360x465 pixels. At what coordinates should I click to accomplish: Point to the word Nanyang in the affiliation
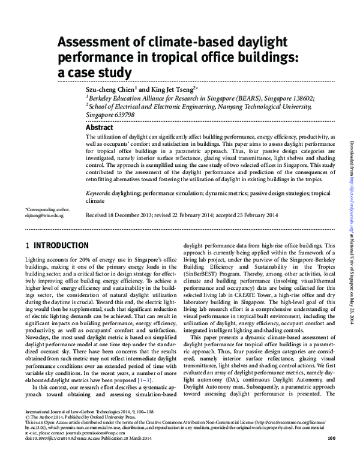(x=240, y=106)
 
